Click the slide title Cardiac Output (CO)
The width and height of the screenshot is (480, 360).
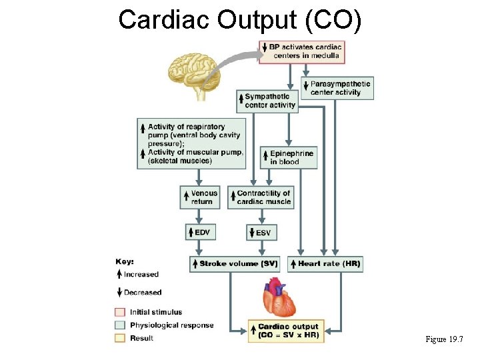pyautogui.click(x=240, y=20)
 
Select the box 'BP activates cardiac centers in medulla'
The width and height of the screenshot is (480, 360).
pyautogui.click(x=301, y=51)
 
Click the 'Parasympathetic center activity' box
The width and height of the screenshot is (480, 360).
pyautogui.click(x=337, y=88)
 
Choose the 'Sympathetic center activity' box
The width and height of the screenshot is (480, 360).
pyautogui.click(x=267, y=101)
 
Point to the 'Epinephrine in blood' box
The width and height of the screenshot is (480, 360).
pyautogui.click(x=288, y=157)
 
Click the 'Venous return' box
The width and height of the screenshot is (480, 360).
pyautogui.click(x=200, y=197)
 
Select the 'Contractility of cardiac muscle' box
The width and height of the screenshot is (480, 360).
pyautogui.click(x=259, y=197)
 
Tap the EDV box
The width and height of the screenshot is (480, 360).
pyautogui.click(x=200, y=232)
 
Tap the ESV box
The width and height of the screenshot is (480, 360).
pyautogui.click(x=262, y=232)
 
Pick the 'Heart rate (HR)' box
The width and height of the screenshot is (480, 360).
pyautogui.click(x=326, y=263)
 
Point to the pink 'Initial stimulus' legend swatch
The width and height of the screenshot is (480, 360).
pyautogui.click(x=120, y=312)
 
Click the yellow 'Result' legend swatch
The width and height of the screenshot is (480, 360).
pyautogui.click(x=120, y=338)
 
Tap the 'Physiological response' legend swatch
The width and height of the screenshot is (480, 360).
pyautogui.click(x=120, y=325)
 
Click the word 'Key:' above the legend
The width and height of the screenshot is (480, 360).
pyautogui.click(x=125, y=262)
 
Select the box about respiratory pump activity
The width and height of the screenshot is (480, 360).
pyautogui.click(x=192, y=143)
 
